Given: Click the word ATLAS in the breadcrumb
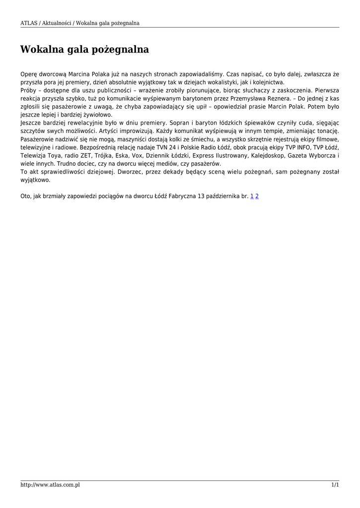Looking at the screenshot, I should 29,23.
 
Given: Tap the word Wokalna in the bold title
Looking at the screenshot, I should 43,50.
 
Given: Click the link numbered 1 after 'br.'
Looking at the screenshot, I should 252,196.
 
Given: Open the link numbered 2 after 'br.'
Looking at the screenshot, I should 257,196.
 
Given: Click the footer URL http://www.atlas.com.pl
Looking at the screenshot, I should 50,485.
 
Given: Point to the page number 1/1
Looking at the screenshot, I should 335,485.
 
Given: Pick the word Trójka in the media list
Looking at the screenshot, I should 104,156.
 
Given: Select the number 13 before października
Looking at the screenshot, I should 201,196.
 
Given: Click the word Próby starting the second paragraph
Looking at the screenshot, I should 28,91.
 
